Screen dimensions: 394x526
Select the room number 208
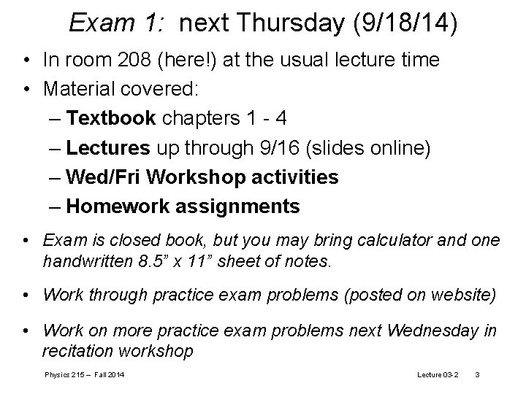pyautogui.click(x=128, y=60)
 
